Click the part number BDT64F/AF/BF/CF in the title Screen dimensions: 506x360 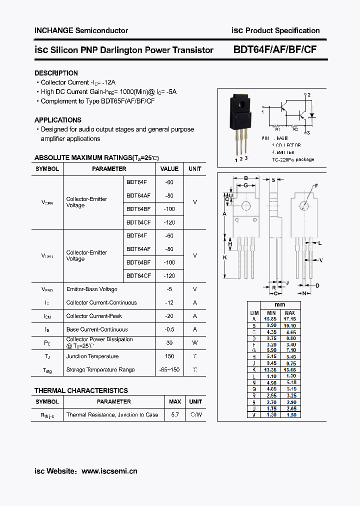(x=274, y=50)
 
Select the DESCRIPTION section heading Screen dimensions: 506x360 (x=56, y=73)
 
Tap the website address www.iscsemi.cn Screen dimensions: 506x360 (x=109, y=471)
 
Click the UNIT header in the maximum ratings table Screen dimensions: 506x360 (x=194, y=169)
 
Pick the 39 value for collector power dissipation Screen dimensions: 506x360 (x=169, y=342)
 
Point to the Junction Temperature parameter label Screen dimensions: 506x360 (x=92, y=356)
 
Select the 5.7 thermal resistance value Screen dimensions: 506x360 (x=175, y=414)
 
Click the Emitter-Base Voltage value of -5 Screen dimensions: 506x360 (x=169, y=289)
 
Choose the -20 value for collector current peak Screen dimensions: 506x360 (x=169, y=316)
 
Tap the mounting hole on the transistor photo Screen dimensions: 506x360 (x=241, y=105)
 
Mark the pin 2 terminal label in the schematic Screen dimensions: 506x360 (x=309, y=94)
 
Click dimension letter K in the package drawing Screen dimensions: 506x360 (x=224, y=257)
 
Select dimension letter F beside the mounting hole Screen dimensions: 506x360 (x=316, y=186)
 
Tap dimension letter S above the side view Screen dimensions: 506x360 (x=273, y=179)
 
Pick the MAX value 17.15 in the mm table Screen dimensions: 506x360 (x=289, y=318)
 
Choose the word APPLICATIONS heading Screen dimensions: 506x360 (x=58, y=120)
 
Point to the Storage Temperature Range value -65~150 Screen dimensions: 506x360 (x=169, y=369)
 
